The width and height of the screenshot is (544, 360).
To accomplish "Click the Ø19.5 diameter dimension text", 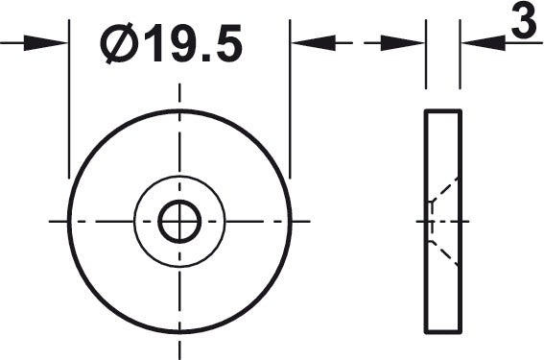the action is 172,43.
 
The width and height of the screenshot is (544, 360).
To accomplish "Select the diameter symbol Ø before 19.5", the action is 119,43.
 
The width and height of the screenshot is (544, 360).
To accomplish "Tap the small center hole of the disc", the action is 179,222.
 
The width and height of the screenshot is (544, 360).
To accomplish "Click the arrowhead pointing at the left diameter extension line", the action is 45,43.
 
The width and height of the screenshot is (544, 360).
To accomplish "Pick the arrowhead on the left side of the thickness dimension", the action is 403,43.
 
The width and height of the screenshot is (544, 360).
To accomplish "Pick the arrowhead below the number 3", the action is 484,43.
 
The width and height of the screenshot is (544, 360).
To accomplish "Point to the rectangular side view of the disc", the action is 443,222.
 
